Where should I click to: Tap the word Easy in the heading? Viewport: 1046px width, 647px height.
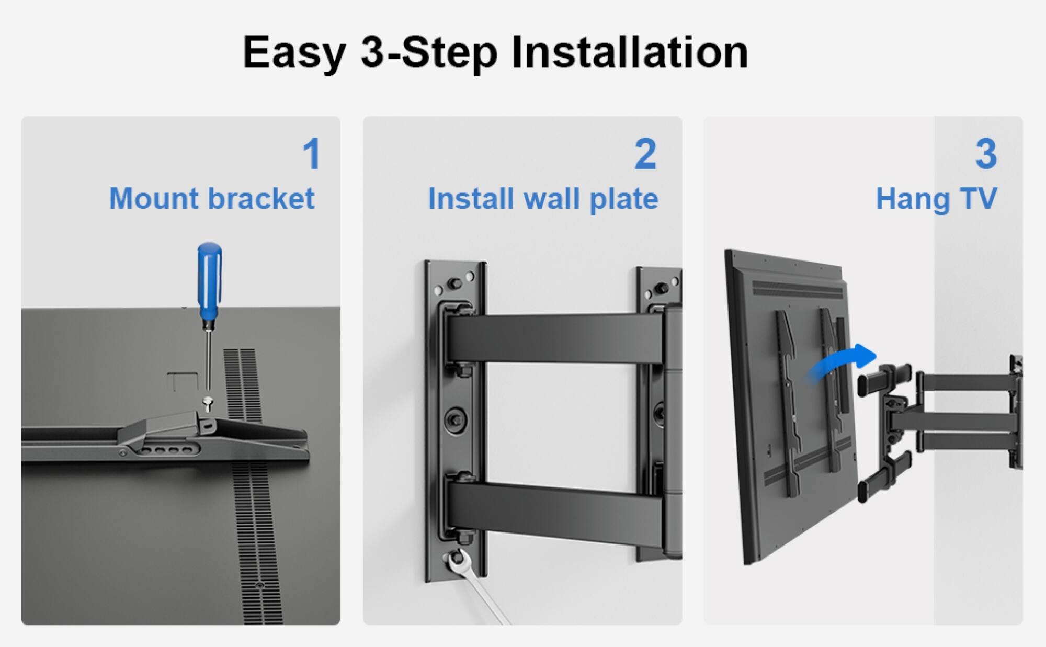click(x=294, y=52)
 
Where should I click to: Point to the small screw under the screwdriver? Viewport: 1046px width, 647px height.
click(x=208, y=403)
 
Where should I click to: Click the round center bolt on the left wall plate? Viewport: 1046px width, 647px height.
click(x=455, y=420)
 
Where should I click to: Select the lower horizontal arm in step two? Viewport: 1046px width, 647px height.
click(x=554, y=510)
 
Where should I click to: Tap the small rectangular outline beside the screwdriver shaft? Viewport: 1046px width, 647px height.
click(x=182, y=381)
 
